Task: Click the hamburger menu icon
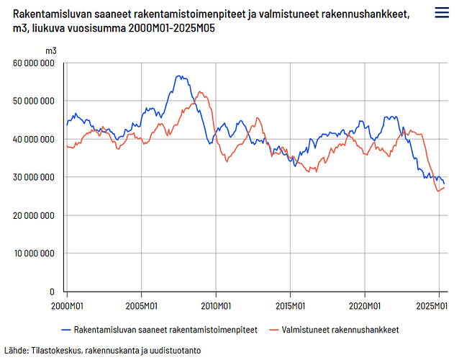[x=442, y=12]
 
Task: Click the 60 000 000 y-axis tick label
[x=34, y=63]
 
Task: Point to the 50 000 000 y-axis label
[x=34, y=101]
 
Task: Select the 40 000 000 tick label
[x=34, y=139]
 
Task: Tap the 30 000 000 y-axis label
[x=34, y=177]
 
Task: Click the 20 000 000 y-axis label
[x=34, y=215]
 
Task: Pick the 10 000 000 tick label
[x=35, y=253]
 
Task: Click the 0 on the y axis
[x=52, y=292]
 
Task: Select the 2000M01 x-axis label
[x=67, y=306]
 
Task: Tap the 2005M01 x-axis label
[x=142, y=306]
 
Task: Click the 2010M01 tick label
[x=216, y=306]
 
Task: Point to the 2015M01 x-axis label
[x=290, y=306]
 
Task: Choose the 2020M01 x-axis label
[x=365, y=306]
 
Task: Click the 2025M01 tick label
[x=432, y=306]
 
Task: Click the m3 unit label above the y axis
[x=51, y=51]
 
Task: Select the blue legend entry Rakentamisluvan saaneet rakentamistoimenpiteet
[x=160, y=330]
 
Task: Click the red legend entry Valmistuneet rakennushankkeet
[x=334, y=330]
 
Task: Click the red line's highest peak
[x=199, y=91]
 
